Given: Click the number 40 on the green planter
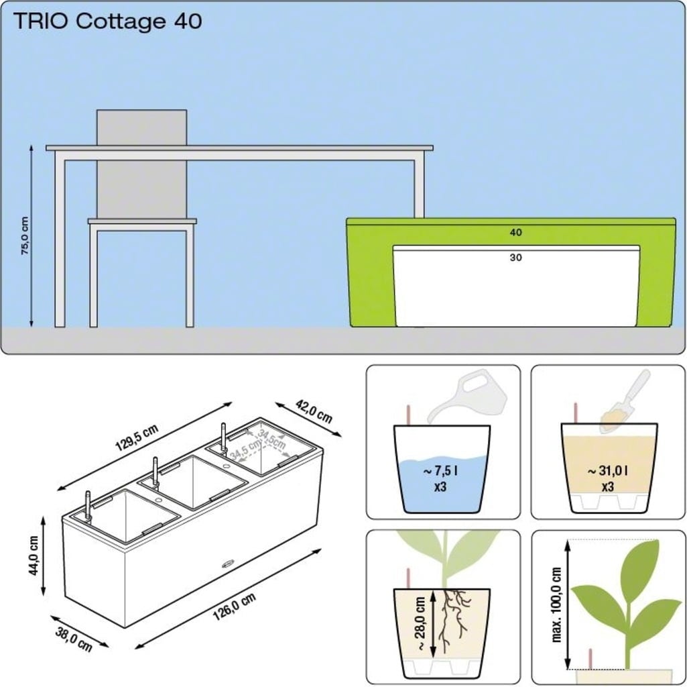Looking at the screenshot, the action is [515, 233].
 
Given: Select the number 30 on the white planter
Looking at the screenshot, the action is [515, 258].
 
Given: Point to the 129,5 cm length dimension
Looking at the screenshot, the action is [137, 437].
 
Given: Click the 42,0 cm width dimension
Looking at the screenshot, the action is [314, 411].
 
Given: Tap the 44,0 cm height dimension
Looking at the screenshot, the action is [34, 556].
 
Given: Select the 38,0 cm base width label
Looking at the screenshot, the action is [74, 639].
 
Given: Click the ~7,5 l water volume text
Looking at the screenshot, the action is [440, 472].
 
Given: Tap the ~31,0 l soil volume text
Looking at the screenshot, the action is [607, 471].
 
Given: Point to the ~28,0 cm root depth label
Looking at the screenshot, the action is [420, 623].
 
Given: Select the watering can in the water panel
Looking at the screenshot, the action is [467, 396].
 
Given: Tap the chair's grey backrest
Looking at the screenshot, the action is [141, 164].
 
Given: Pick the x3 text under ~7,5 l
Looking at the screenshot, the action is [440, 487].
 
